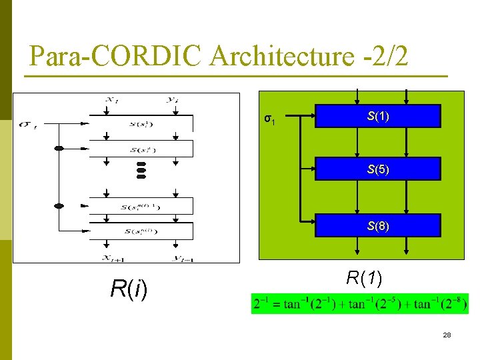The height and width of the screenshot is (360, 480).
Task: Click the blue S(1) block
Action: click(x=378, y=116)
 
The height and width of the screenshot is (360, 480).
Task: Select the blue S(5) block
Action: click(x=378, y=169)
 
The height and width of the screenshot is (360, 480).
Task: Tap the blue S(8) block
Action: click(x=378, y=225)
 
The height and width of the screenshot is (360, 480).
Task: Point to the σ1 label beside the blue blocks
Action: click(x=269, y=120)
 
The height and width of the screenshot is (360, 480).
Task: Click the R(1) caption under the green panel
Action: click(x=363, y=277)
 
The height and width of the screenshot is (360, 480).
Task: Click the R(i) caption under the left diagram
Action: click(x=129, y=288)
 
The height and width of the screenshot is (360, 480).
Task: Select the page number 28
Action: click(x=447, y=335)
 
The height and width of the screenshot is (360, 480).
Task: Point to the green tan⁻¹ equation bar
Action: click(x=359, y=304)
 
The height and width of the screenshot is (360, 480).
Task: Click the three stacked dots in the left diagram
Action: click(x=141, y=170)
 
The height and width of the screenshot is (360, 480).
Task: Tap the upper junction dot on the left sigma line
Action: click(x=59, y=148)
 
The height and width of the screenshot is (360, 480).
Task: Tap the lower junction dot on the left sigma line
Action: click(x=59, y=206)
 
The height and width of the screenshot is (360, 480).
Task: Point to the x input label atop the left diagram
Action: click(x=109, y=100)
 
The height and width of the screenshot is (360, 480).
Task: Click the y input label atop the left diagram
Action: click(x=173, y=100)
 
